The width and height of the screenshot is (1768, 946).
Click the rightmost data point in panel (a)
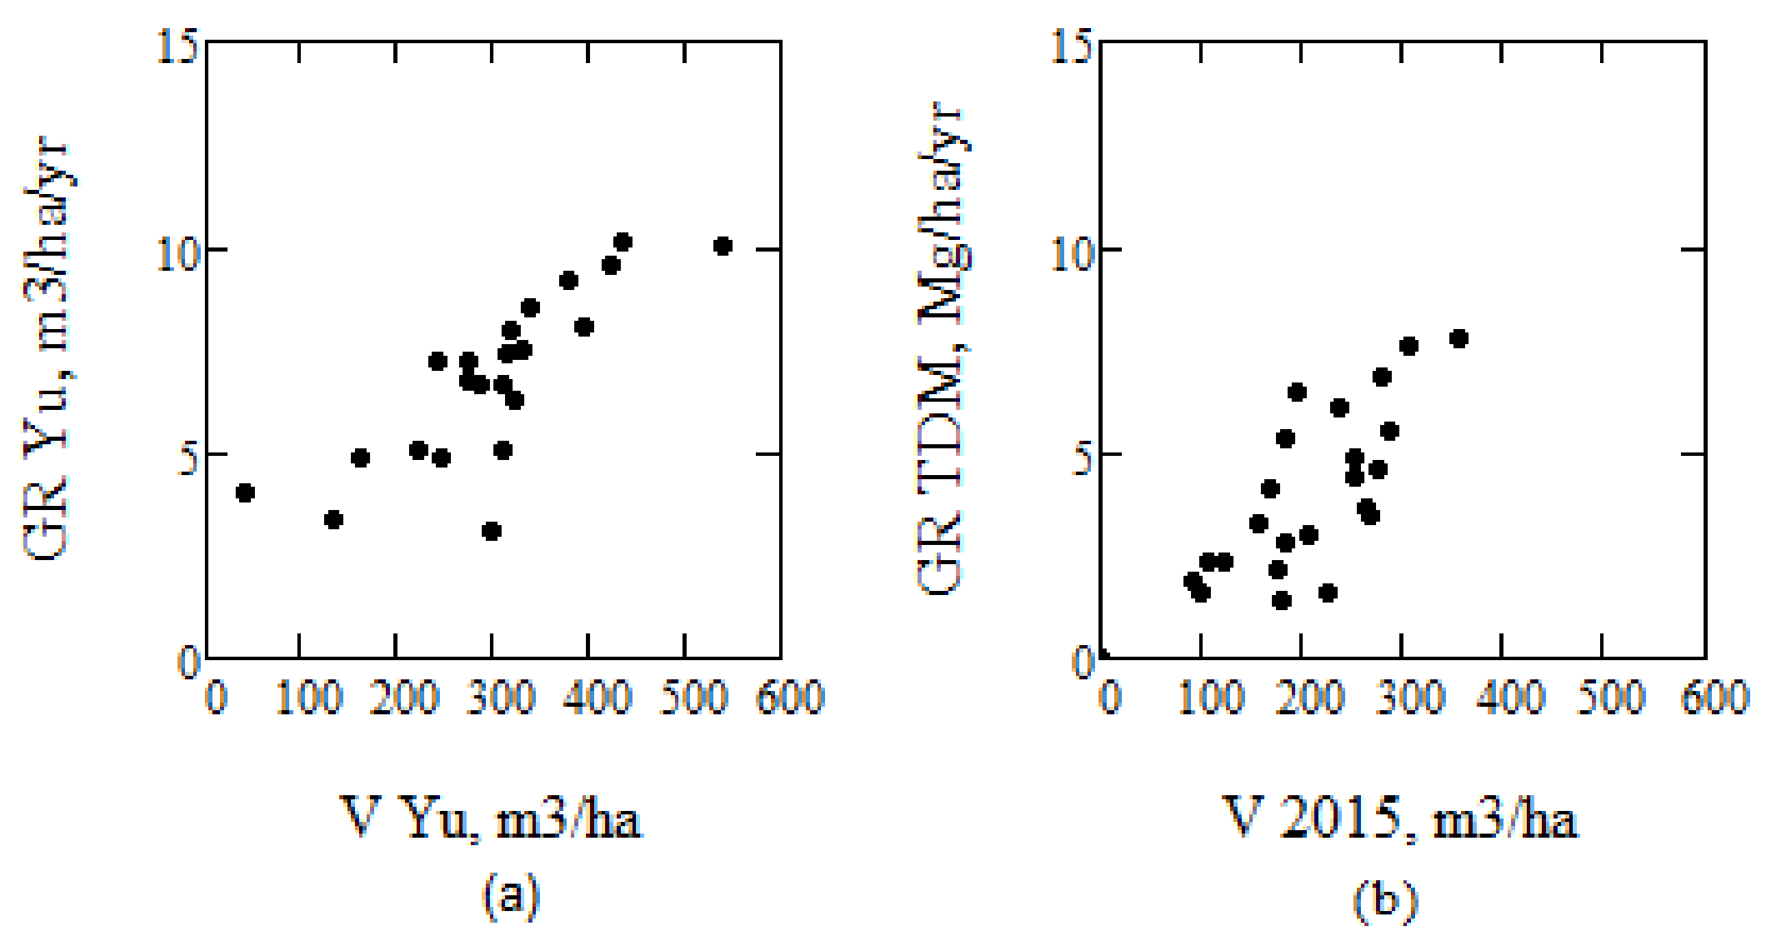tap(722, 246)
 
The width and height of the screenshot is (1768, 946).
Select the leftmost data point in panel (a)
tap(245, 492)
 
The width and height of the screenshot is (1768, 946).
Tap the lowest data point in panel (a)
tap(491, 531)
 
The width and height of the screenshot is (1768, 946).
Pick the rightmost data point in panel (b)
tap(1459, 339)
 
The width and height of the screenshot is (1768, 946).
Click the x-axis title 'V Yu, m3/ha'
tap(491, 818)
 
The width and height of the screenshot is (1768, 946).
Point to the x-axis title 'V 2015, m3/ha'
tap(1400, 818)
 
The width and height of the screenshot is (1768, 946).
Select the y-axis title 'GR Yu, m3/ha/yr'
tap(47, 350)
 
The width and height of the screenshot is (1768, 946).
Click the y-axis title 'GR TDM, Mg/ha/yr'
tap(944, 350)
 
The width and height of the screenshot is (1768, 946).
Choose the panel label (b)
tap(1385, 899)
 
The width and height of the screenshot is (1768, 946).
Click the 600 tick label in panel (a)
tap(789, 697)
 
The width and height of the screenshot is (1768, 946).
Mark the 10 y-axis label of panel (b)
tap(1071, 254)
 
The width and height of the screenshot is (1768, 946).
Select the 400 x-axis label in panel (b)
tap(1510, 697)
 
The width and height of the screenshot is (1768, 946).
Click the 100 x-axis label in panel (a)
tap(308, 697)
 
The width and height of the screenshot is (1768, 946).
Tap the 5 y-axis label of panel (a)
tap(188, 458)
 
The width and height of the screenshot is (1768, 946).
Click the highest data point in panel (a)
tap(622, 242)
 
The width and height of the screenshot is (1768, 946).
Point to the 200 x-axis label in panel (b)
tap(1310, 697)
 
